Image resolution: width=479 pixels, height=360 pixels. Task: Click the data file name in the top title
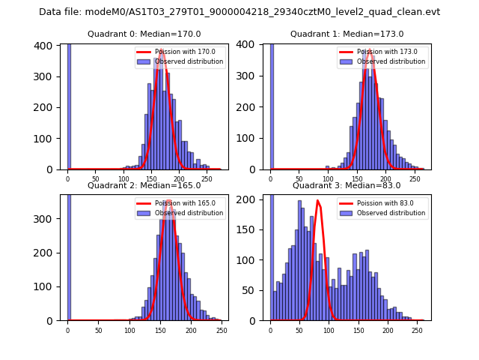[239, 12]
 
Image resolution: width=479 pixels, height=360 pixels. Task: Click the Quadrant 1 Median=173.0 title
[347, 34]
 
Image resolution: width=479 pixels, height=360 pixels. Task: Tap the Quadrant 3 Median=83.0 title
[347, 185]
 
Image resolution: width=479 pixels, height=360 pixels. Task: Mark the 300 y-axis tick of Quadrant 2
[46, 219]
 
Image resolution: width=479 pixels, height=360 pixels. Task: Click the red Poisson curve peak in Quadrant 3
[318, 201]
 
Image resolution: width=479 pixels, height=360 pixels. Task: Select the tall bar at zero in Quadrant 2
[69, 255]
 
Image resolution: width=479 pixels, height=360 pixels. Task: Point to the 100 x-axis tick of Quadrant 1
[328, 179]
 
